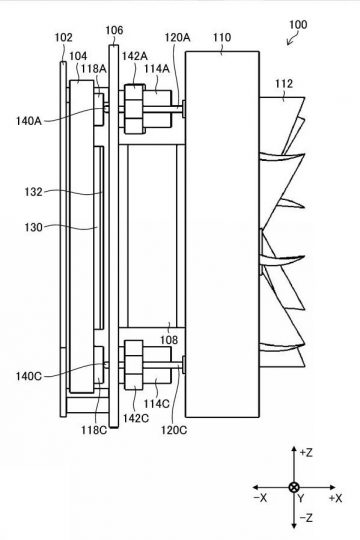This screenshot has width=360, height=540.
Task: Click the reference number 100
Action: (x=298, y=25)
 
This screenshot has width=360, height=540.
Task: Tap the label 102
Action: (x=64, y=37)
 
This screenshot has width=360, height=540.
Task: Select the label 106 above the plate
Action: (x=114, y=30)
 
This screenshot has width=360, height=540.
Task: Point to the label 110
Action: (x=222, y=37)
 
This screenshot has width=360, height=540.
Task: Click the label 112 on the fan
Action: (x=284, y=84)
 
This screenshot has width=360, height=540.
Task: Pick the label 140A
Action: (x=29, y=121)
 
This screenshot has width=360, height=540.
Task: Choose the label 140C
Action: (x=29, y=376)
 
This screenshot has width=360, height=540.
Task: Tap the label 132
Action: (x=33, y=192)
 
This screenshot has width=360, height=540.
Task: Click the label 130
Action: (x=33, y=227)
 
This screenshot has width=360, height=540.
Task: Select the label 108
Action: (x=169, y=340)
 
